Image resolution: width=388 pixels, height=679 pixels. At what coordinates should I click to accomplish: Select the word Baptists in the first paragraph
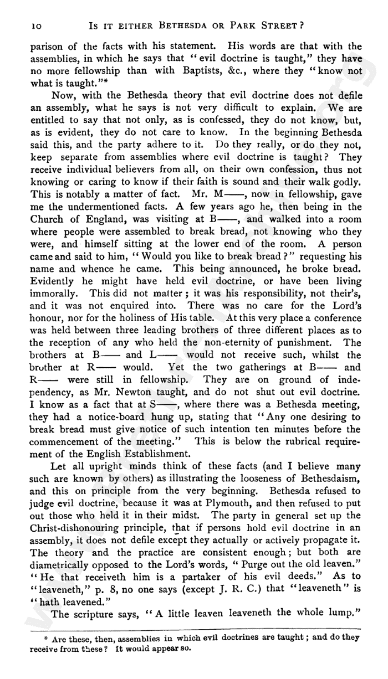(x=206, y=70)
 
